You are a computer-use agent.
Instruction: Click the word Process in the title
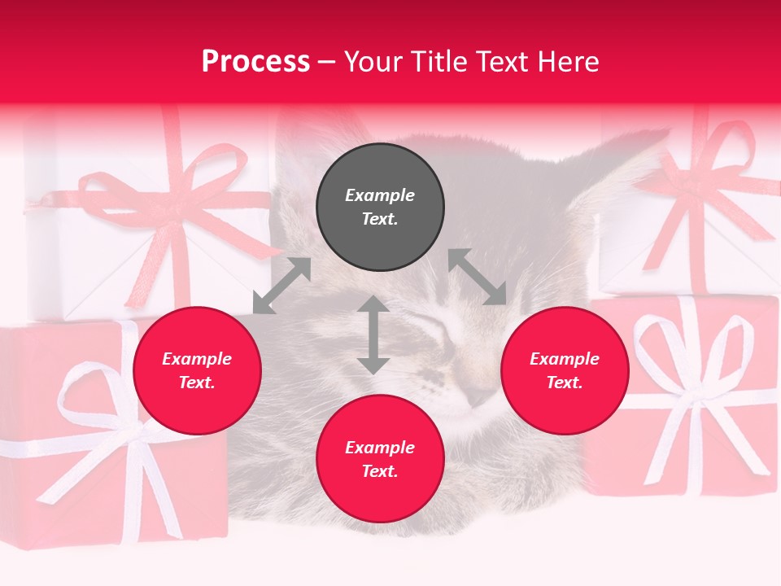coord(255,62)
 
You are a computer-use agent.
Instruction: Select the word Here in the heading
coord(568,62)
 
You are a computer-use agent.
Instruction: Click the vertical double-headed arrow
coord(373,335)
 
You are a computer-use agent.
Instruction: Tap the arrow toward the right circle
coord(477,277)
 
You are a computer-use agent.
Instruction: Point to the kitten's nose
coord(478,396)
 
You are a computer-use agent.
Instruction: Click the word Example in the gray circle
coord(380,195)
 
